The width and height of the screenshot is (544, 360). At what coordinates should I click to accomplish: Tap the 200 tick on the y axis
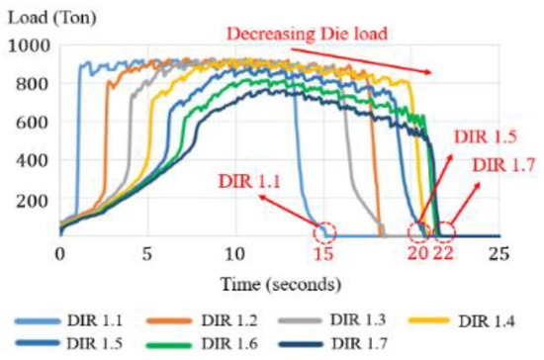click(x=32, y=199)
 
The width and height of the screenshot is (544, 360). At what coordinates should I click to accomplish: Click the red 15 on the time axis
click(x=322, y=253)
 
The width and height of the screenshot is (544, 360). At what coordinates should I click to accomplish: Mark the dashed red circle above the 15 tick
click(x=322, y=232)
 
